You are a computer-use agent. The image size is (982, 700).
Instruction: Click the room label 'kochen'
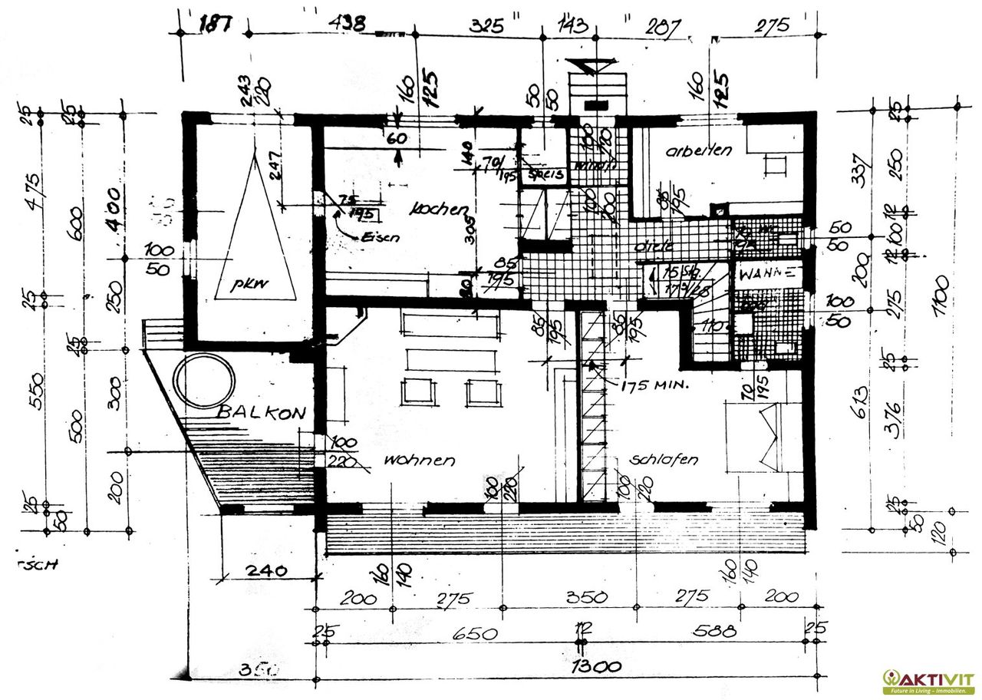(439, 208)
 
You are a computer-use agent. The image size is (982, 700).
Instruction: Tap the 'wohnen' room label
(420, 461)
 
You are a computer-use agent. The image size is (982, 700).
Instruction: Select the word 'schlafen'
(664, 460)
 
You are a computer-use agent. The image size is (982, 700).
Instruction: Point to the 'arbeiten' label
(699, 150)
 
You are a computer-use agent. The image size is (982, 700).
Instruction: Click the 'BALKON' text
(262, 412)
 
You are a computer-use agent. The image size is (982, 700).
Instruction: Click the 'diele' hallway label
(654, 246)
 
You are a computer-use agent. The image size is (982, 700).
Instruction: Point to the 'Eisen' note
(381, 238)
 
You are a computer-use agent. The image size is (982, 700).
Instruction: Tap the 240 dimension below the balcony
(267, 570)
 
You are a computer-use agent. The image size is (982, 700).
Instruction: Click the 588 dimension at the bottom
(715, 632)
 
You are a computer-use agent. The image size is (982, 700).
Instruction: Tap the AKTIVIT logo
(929, 681)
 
